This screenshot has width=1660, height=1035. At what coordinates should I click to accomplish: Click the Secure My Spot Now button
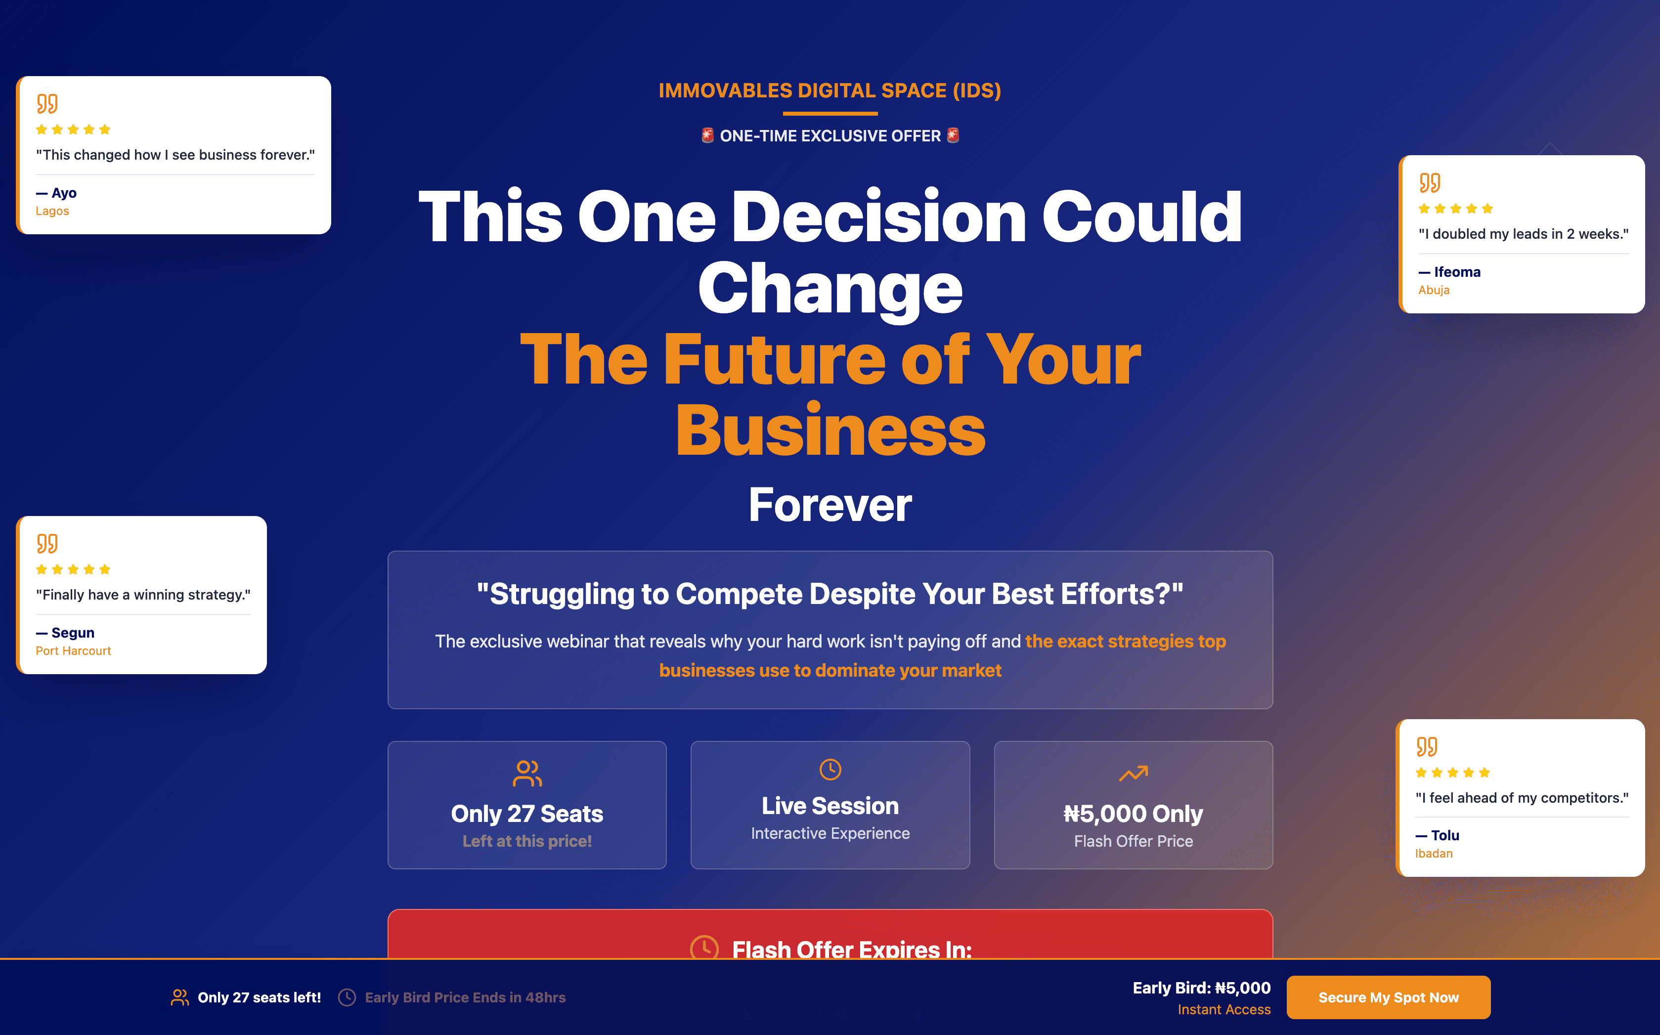pyautogui.click(x=1388, y=997)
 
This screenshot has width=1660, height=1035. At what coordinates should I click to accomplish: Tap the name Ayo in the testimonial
pyautogui.click(x=64, y=193)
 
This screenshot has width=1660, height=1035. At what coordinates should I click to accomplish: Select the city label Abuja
pyautogui.click(x=1434, y=290)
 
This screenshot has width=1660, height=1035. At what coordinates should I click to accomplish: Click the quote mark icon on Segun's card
pyautogui.click(x=47, y=544)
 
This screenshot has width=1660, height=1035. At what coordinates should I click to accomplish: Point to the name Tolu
pyautogui.click(x=1444, y=835)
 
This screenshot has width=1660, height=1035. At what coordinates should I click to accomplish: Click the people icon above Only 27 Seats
pyautogui.click(x=527, y=774)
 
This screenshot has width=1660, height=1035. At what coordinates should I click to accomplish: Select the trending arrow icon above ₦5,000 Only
pyautogui.click(x=1133, y=774)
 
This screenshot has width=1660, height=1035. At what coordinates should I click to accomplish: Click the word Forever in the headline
pyautogui.click(x=830, y=505)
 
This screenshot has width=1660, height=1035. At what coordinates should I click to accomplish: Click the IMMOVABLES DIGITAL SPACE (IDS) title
pyautogui.click(x=830, y=90)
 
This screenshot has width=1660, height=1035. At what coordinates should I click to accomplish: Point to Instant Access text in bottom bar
pyautogui.click(x=1223, y=1010)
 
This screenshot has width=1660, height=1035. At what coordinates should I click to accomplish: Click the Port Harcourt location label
pyautogui.click(x=73, y=651)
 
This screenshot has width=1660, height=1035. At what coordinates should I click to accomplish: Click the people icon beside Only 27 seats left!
pyautogui.click(x=179, y=997)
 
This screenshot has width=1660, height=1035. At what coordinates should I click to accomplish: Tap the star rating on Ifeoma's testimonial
pyautogui.click(x=1455, y=209)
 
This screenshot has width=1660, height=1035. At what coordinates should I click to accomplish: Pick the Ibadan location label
pyautogui.click(x=1434, y=854)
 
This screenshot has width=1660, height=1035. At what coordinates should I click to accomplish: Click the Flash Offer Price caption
pyautogui.click(x=1133, y=841)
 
